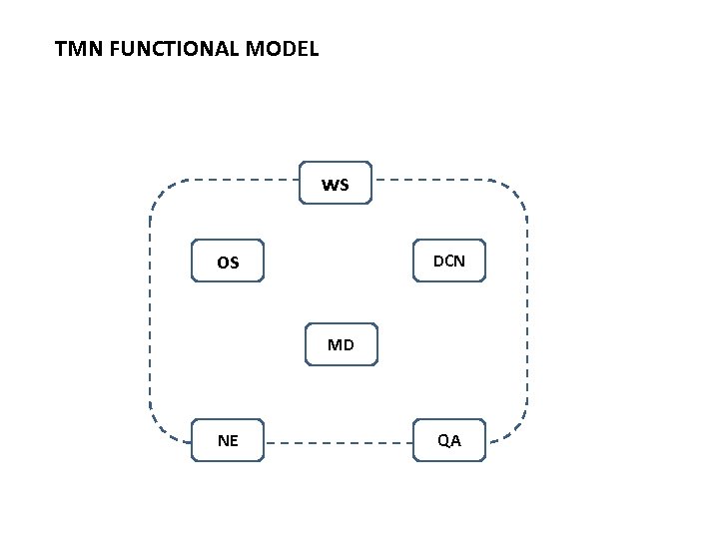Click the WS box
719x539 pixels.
point(336,183)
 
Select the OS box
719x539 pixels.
point(228,262)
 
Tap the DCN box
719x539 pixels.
point(448,262)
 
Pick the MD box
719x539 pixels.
point(341,345)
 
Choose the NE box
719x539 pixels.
point(228,440)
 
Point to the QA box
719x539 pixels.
point(448,440)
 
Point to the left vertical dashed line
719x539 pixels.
point(151,309)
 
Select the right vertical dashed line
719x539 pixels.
point(526,309)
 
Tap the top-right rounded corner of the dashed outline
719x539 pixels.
point(515,192)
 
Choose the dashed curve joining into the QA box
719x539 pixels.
point(511,430)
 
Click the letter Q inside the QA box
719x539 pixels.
point(442,440)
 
